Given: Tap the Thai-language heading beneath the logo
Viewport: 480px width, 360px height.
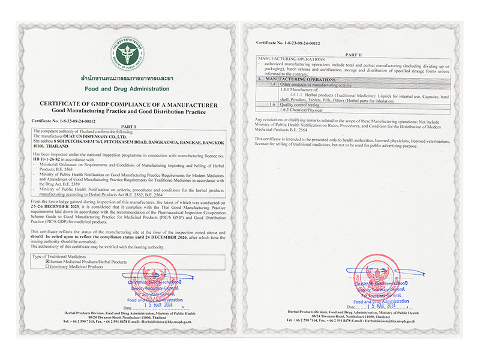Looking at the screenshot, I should coord(127,79).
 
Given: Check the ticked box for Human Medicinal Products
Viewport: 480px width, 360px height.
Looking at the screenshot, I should coord(49,262).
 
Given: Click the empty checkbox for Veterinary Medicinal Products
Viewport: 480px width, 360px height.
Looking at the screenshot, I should coord(49,266).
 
